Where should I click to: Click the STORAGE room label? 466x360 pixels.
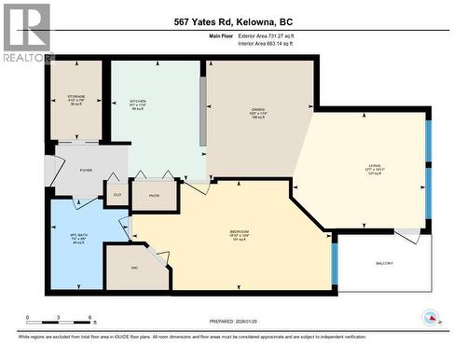pyautogui.click(x=76, y=96)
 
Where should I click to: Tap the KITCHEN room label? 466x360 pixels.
pyautogui.click(x=138, y=101)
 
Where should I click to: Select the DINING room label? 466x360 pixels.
pyautogui.click(x=257, y=110)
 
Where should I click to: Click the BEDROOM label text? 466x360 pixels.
pyautogui.click(x=239, y=230)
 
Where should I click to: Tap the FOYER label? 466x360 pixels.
pyautogui.click(x=85, y=171)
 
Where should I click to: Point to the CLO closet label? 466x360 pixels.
pyautogui.click(x=117, y=194)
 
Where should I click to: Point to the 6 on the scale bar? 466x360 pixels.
pyautogui.click(x=89, y=317)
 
